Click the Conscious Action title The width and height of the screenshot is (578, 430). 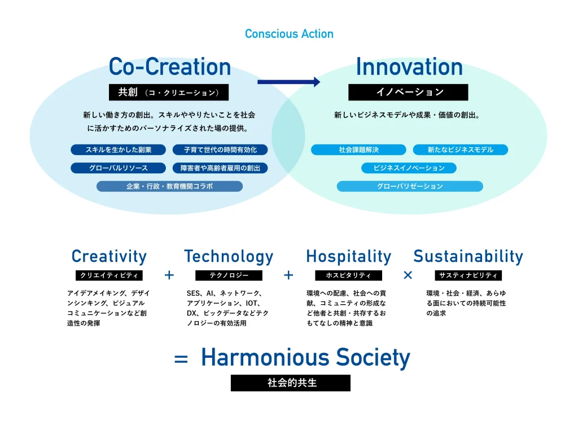(289, 34)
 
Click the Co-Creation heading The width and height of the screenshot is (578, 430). (170, 67)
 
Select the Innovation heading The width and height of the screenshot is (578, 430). (409, 67)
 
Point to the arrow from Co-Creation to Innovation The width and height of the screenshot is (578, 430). (288, 82)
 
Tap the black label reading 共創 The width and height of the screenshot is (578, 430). (168, 92)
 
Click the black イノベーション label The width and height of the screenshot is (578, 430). (408, 92)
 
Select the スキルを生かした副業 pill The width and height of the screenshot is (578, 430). (119, 150)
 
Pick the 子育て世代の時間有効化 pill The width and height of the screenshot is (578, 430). (220, 150)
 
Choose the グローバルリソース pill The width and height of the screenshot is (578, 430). (119, 168)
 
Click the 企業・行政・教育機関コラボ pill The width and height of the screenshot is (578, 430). (169, 186)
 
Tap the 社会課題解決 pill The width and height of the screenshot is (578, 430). (358, 150)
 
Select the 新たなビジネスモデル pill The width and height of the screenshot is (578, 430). (461, 150)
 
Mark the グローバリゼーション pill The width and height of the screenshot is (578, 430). (410, 186)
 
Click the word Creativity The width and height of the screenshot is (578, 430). (109, 256)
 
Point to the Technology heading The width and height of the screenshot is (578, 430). (229, 256)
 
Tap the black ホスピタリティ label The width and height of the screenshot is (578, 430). (348, 275)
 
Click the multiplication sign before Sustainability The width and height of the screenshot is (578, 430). (408, 275)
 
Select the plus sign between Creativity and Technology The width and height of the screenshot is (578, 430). (169, 275)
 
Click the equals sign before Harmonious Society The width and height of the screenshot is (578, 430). (181, 359)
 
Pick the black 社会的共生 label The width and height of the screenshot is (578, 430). (291, 383)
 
